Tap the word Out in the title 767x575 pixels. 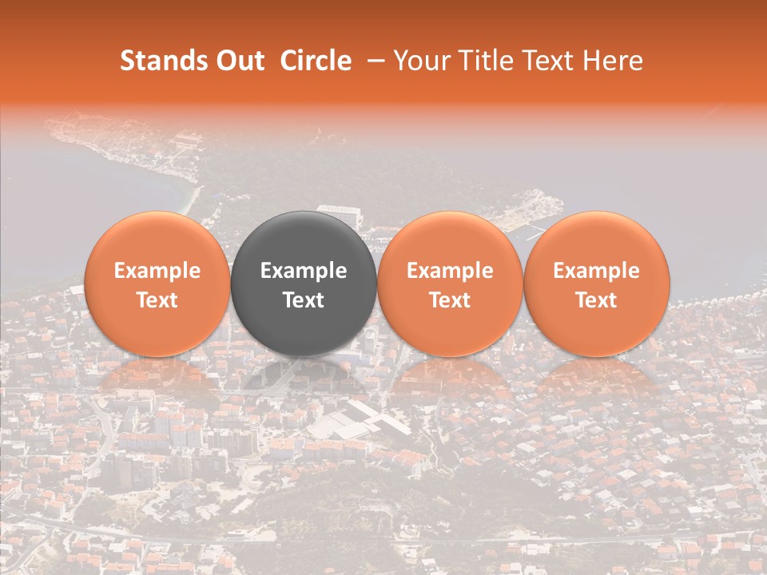point(239,61)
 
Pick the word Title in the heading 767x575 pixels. point(487,61)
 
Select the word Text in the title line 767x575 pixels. point(550,61)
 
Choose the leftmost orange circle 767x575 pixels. point(157,284)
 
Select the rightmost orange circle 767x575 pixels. point(596,284)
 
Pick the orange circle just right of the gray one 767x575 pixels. point(450,284)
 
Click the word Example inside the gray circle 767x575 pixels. point(304,271)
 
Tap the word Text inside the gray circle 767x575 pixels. point(304,300)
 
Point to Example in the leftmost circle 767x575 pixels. point(157,271)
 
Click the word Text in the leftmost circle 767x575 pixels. point(157,300)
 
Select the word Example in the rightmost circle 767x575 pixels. point(596,271)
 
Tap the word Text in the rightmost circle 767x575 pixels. point(596,300)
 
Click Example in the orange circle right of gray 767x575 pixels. point(450,271)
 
